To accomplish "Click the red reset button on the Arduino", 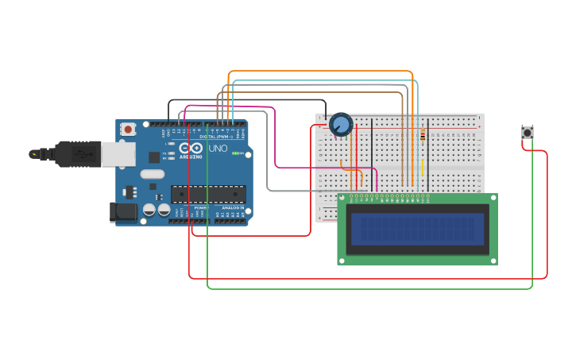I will tap(127, 129).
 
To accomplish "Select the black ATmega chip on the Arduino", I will tap(208, 194).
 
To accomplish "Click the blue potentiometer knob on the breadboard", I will tap(341, 125).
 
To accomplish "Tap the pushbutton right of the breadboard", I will tap(527, 133).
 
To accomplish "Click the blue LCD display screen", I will tap(417, 229).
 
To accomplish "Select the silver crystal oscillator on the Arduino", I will tap(152, 174).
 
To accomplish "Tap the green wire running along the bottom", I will tap(365, 288).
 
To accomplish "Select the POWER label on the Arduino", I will tap(199, 207).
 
